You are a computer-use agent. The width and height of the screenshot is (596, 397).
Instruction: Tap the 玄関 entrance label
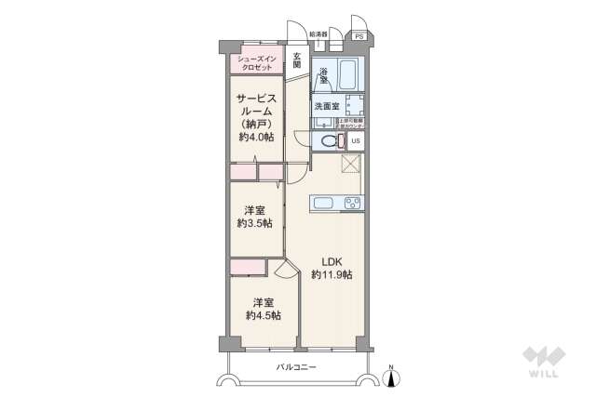pos(296,61)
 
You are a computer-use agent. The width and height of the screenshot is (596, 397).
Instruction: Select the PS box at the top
pos(359,36)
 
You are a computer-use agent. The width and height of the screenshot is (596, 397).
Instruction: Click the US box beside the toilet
pos(356,141)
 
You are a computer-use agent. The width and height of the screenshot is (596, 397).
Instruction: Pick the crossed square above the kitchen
pos(351,165)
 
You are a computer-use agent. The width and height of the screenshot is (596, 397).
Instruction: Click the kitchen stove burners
pos(353,202)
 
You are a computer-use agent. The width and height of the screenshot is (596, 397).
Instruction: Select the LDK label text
pos(332,261)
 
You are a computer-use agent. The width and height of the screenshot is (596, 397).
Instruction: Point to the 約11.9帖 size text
pos(332,275)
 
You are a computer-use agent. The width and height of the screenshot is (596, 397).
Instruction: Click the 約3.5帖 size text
pos(253,224)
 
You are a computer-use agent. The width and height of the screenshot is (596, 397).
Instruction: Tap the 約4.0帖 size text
pos(254,138)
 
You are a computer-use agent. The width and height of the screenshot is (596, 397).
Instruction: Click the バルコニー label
pos(296,368)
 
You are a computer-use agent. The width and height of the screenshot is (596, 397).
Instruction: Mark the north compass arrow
pos(392,377)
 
